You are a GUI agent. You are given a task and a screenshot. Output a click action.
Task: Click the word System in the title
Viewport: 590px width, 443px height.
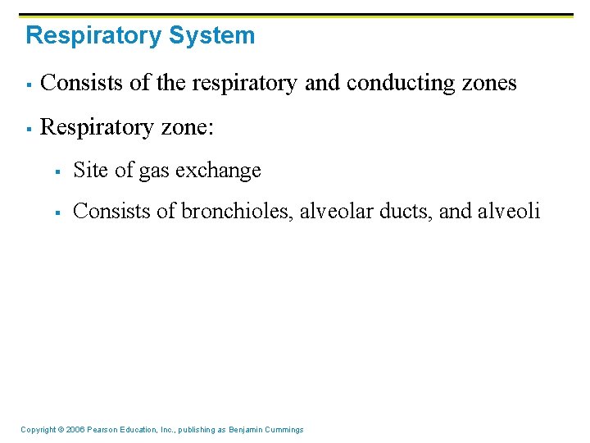pos(212,36)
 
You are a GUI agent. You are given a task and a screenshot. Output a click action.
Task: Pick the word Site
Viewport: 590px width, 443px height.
pos(89,171)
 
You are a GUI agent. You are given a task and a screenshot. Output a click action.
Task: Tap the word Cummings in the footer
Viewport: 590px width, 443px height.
pos(285,430)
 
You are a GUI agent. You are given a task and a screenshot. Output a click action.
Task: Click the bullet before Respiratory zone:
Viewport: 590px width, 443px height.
pos(28,128)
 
